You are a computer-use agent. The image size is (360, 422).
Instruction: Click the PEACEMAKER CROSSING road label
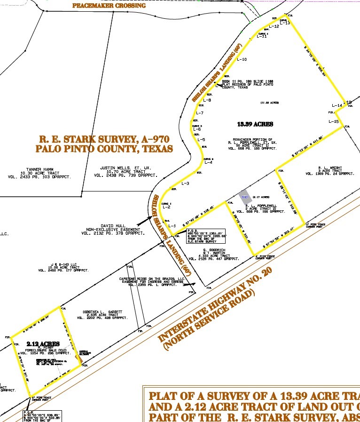109,6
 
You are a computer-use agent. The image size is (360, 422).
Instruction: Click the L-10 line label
242,60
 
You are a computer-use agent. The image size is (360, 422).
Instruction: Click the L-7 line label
199,113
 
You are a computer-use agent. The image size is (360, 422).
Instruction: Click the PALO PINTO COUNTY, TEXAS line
104,149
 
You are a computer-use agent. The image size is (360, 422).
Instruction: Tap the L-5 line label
201,140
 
